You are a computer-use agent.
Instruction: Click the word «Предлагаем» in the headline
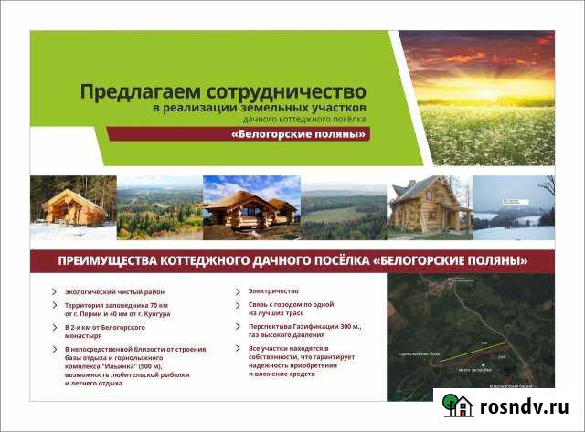coord(132,92)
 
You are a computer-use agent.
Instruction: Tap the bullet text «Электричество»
coord(273,291)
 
